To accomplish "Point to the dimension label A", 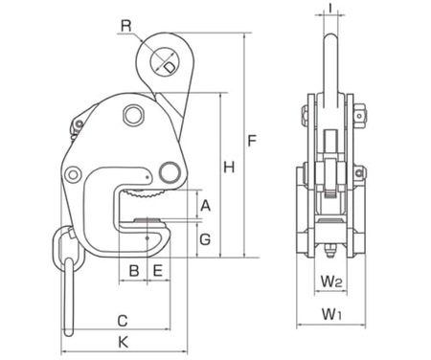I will pos(205,204).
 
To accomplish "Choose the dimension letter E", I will pos(156,271).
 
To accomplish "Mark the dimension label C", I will pos(123,319).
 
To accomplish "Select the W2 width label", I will pos(331,282).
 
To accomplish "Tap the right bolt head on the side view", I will pos(361,116).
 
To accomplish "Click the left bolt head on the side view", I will pos(304,116).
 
